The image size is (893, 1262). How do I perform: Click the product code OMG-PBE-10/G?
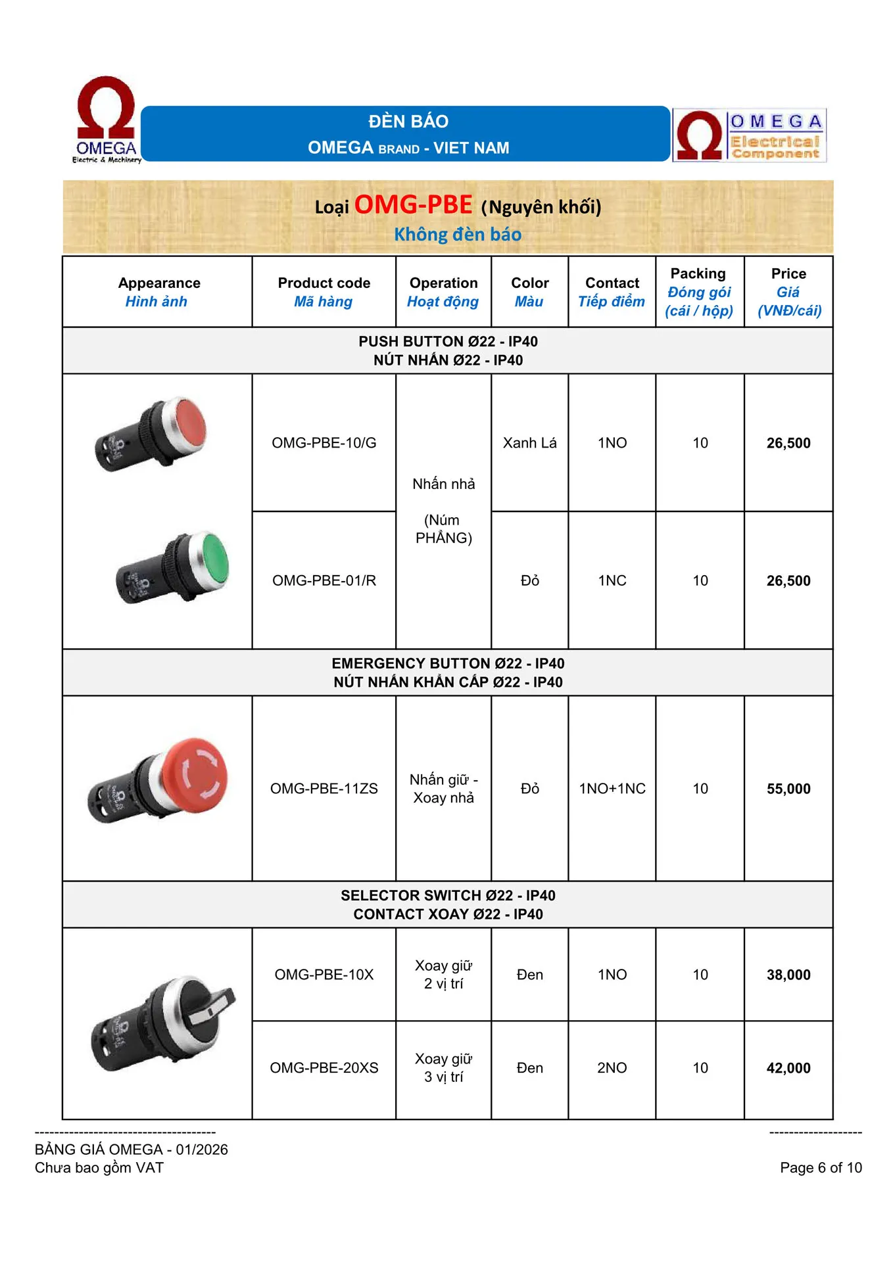point(324,443)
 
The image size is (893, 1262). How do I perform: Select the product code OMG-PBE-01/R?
point(324,580)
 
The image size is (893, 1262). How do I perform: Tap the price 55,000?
point(788,789)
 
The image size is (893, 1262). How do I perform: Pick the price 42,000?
point(788,1068)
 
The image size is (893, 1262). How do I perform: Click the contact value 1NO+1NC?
point(612,789)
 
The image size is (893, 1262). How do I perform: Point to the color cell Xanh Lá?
point(529,443)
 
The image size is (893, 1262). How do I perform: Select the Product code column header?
point(324,283)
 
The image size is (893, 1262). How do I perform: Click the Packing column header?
point(698,274)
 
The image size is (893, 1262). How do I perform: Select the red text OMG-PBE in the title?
point(413,205)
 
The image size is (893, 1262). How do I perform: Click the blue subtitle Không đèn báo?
point(458,235)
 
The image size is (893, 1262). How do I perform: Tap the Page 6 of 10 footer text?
point(821,1167)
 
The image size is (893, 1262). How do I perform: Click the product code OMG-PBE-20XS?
point(324,1068)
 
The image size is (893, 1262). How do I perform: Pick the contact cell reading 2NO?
point(612,1068)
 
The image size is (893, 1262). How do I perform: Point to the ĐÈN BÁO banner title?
point(408,122)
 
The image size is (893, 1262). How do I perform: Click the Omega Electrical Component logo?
point(750,135)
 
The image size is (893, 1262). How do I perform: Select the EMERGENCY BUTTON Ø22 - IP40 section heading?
point(448,663)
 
